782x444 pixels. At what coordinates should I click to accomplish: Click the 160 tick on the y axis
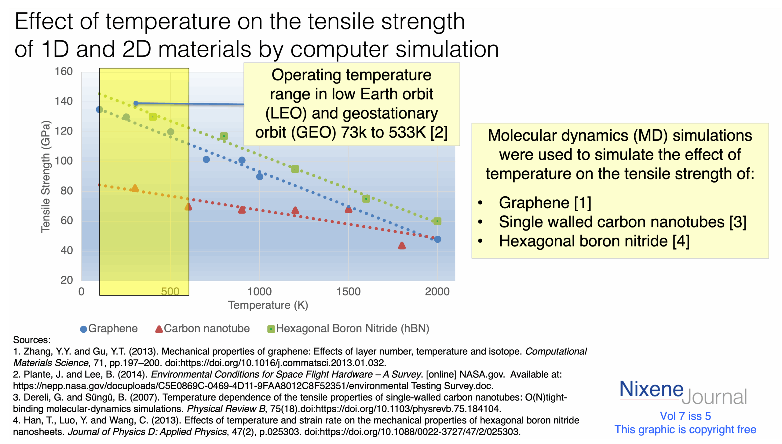[64, 72]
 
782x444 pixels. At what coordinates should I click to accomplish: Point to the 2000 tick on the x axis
[437, 291]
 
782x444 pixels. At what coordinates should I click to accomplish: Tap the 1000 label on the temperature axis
[259, 291]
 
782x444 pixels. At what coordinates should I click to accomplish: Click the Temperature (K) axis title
[268, 305]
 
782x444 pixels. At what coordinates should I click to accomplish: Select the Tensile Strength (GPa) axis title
[46, 177]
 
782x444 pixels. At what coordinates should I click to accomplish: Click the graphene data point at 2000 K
[437, 239]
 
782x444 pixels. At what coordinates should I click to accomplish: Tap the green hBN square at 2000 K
[437, 221]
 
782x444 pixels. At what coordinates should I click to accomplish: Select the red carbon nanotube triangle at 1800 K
[402, 246]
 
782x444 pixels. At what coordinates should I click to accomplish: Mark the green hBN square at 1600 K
[366, 199]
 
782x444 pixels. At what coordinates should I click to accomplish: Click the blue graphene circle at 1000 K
[260, 176]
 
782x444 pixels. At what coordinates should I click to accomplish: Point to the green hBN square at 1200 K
[295, 169]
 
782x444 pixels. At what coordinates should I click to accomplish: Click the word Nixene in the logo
[651, 389]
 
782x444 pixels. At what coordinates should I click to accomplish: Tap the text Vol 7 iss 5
[685, 416]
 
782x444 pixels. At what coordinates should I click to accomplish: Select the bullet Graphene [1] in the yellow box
[545, 203]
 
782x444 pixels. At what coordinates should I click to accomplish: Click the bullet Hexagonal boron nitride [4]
[594, 241]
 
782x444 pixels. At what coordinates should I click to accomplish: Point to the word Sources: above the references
[32, 340]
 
